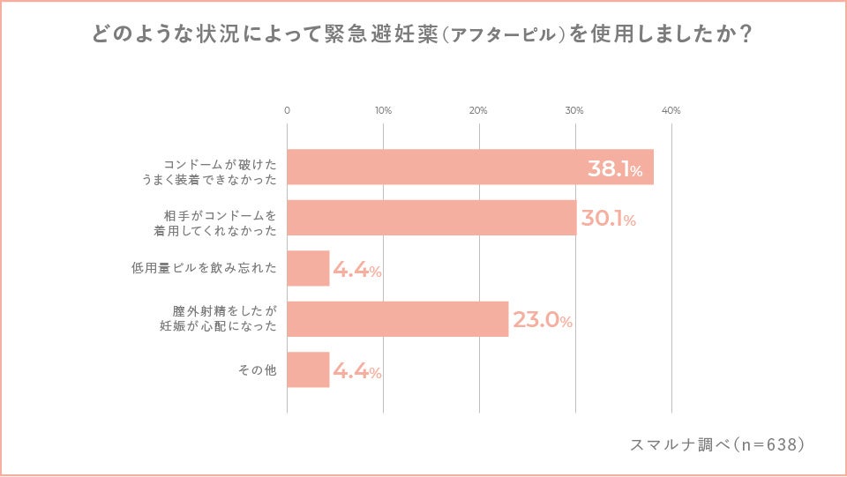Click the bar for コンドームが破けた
470,167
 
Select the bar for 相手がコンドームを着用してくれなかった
431,218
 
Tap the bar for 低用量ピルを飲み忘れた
308,269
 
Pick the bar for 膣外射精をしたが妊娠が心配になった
398,319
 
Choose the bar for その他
308,370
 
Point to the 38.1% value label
615,169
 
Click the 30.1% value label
608,220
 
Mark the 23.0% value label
543,321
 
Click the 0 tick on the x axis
287,111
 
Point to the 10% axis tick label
383,111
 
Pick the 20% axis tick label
478,111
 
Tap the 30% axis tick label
574,111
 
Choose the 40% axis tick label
671,111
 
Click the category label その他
257,370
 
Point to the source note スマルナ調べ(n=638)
717,444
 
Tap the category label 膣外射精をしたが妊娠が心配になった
224,319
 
